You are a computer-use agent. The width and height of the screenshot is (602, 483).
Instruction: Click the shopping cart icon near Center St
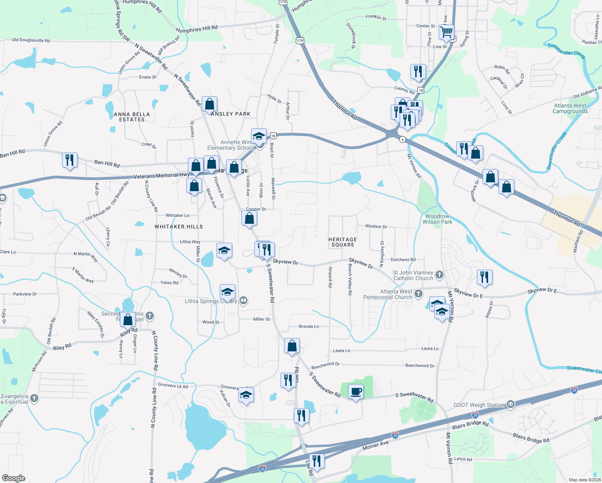(447, 32)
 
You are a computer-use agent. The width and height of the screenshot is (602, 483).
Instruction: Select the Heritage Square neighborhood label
(342, 242)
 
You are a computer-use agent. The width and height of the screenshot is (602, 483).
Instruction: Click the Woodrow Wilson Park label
(437, 219)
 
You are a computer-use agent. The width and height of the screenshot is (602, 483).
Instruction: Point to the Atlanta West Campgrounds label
(570, 108)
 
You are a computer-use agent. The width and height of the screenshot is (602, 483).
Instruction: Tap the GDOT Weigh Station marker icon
(511, 404)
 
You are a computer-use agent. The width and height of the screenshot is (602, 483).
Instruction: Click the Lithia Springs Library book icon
(243, 300)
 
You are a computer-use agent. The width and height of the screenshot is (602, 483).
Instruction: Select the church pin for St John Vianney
(439, 275)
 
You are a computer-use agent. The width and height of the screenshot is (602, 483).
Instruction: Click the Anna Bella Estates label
(132, 117)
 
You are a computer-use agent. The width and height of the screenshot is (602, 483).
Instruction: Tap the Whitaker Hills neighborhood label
(179, 227)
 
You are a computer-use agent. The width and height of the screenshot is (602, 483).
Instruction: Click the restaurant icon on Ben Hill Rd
(70, 160)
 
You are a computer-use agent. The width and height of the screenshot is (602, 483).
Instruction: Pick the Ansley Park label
(231, 114)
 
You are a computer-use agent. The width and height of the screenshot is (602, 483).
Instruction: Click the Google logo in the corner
(13, 478)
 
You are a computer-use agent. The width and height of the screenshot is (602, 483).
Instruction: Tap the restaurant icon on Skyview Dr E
(484, 277)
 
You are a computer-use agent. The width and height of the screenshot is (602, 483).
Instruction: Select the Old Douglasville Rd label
(31, 40)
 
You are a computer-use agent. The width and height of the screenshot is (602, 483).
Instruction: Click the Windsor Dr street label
(376, 226)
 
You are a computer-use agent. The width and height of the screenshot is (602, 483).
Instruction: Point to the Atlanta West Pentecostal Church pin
(419, 293)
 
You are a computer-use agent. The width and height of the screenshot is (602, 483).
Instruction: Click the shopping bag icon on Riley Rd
(128, 320)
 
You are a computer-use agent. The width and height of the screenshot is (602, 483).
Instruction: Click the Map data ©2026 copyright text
(583, 480)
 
